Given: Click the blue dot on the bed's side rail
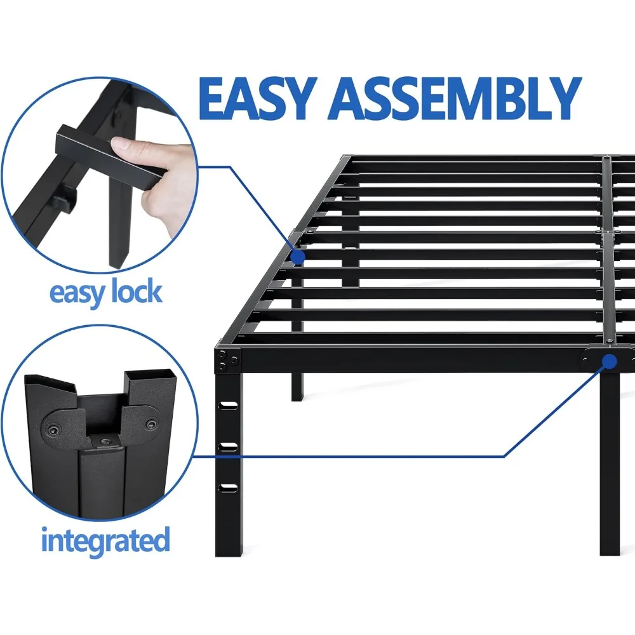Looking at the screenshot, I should [x=297, y=256].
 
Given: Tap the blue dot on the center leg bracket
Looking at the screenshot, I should [x=610, y=362].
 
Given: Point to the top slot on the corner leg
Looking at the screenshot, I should [x=227, y=404].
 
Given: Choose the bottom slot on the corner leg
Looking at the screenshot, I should [x=227, y=488].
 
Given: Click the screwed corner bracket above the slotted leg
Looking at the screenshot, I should [x=227, y=361].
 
